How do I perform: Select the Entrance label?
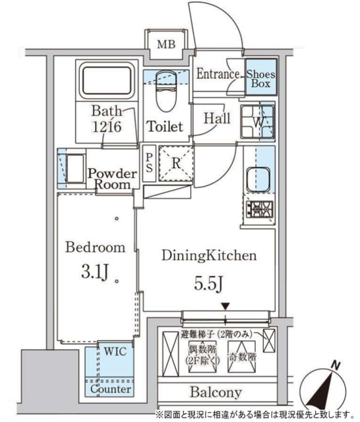point(218,74)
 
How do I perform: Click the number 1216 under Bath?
point(107,127)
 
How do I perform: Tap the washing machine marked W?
point(258,121)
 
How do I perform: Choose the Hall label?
point(216,119)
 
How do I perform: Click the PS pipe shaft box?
point(150,162)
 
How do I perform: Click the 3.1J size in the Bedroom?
point(94,272)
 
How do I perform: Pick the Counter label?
point(109,390)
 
